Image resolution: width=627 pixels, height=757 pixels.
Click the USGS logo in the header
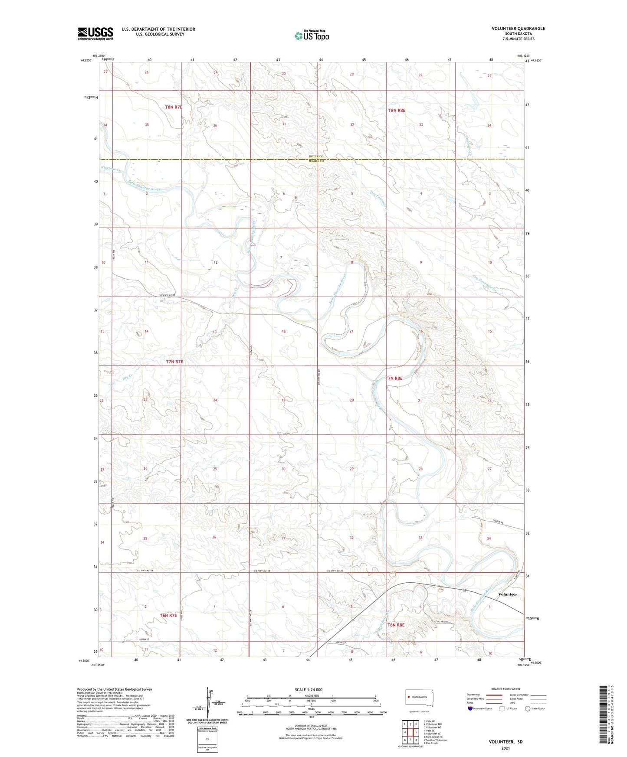(95, 33)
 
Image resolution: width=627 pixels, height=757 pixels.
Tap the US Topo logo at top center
(312, 36)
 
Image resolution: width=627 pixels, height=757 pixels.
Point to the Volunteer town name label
(507, 594)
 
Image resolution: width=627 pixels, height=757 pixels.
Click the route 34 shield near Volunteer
(464, 591)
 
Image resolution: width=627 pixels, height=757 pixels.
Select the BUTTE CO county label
(316, 156)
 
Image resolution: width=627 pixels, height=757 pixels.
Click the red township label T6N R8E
(396, 625)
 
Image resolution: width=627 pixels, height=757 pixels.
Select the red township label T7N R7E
(174, 361)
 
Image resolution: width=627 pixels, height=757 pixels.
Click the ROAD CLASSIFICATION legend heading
(506, 689)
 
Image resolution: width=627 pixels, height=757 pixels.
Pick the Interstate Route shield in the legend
(471, 708)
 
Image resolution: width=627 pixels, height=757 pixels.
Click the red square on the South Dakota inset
(409, 697)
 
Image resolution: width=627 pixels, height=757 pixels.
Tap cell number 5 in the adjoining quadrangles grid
(416, 732)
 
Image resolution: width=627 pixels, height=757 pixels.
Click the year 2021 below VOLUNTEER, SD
(506, 748)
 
